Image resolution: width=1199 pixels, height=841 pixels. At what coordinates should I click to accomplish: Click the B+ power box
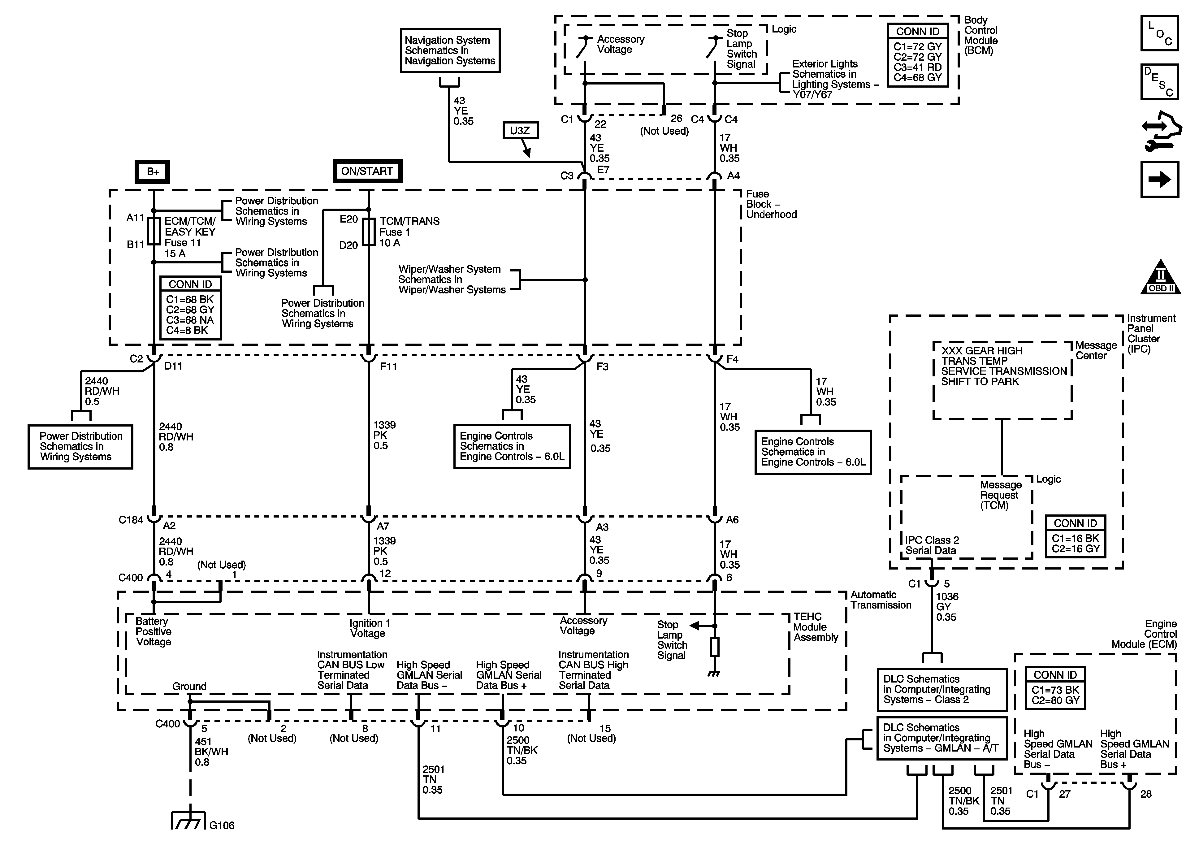pos(153,172)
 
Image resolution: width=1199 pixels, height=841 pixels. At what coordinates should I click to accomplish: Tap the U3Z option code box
pos(520,131)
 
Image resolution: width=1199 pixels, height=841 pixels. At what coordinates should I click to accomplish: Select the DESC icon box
pos(1159,81)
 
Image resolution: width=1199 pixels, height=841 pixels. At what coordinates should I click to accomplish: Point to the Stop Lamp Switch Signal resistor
pos(714,647)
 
